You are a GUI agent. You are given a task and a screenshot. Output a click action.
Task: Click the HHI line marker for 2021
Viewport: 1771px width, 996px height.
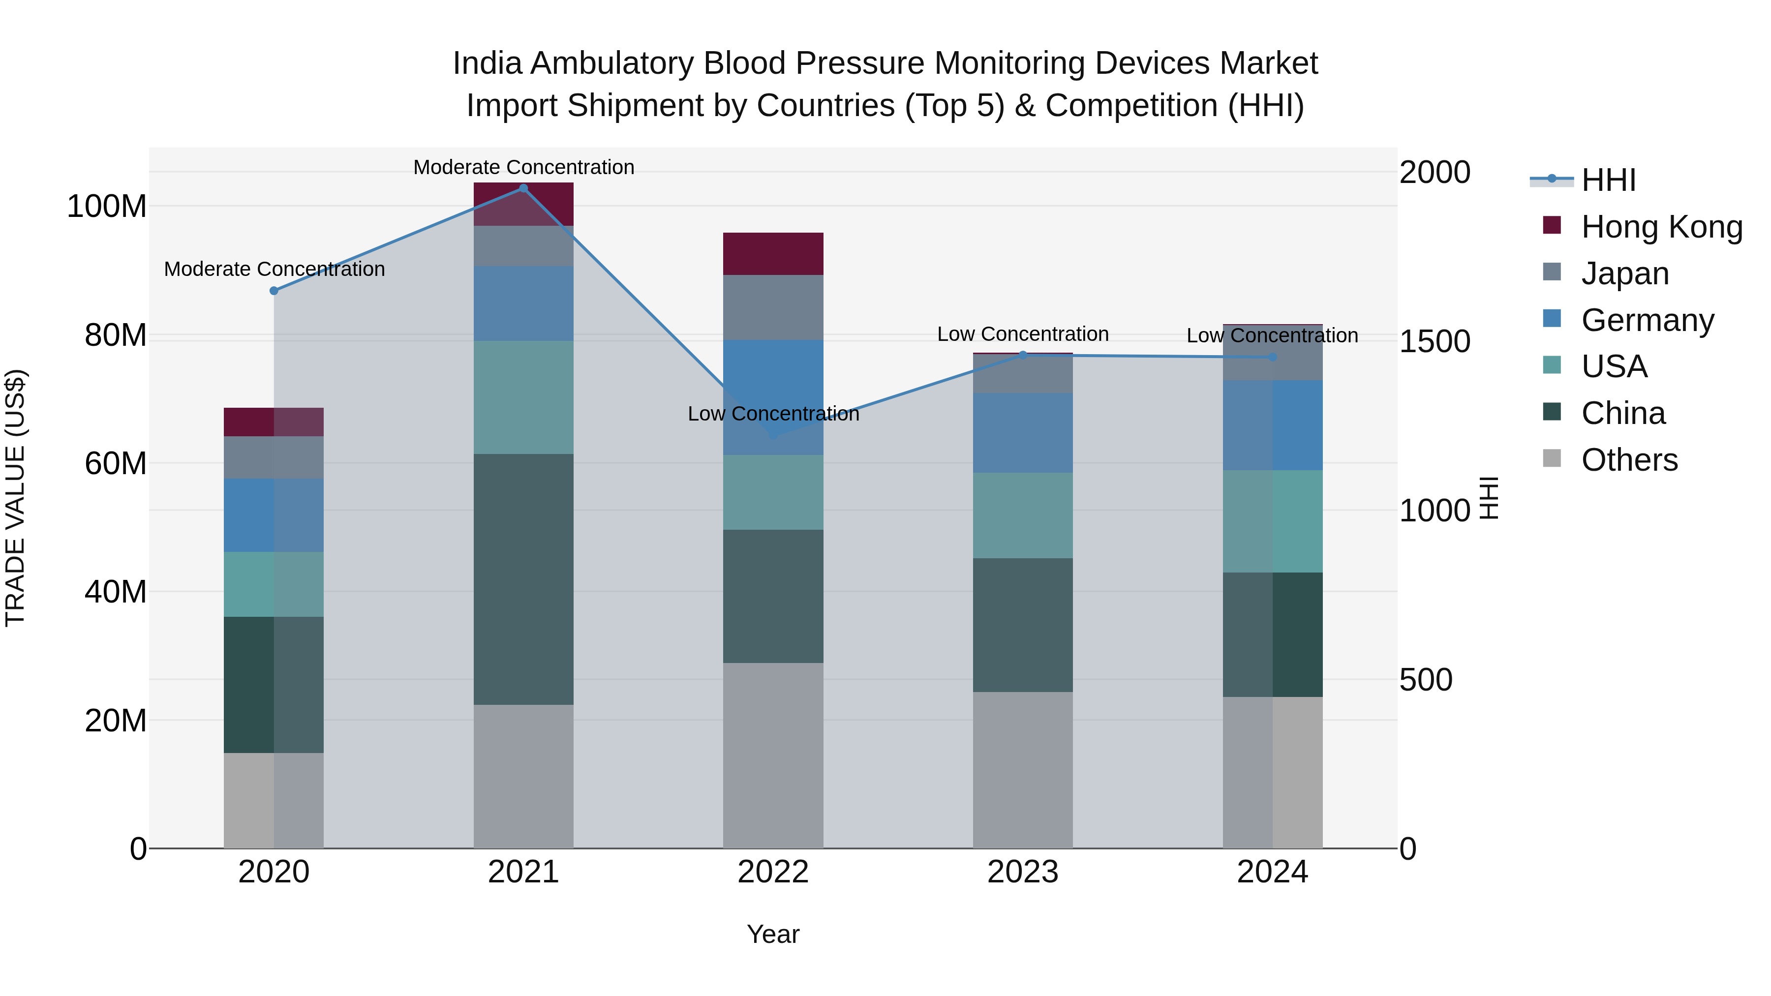click(523, 188)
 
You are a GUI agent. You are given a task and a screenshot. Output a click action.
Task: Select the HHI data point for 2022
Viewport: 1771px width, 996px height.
click(773, 435)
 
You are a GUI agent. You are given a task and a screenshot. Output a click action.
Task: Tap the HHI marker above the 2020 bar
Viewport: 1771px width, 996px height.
click(274, 291)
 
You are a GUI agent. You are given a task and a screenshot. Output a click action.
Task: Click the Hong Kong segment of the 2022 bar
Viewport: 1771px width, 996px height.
click(773, 254)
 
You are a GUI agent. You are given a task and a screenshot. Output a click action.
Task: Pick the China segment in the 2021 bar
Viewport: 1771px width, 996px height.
click(523, 579)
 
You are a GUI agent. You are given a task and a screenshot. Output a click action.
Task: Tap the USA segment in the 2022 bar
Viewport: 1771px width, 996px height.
click(773, 492)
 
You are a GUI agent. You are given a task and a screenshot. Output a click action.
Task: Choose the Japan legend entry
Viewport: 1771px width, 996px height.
click(1624, 273)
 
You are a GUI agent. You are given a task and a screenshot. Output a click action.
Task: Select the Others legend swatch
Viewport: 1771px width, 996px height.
click(1552, 458)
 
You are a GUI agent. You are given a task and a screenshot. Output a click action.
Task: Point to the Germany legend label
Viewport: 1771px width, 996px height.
click(1647, 320)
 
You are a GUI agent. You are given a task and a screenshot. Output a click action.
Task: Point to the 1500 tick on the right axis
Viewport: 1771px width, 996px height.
click(1435, 342)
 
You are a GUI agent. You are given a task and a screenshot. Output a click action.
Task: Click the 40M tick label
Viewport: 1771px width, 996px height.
click(116, 592)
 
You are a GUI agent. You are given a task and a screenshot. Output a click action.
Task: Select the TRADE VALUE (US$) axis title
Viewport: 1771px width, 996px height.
click(16, 498)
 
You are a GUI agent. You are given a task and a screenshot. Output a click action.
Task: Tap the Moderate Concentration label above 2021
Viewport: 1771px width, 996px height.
click(523, 167)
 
